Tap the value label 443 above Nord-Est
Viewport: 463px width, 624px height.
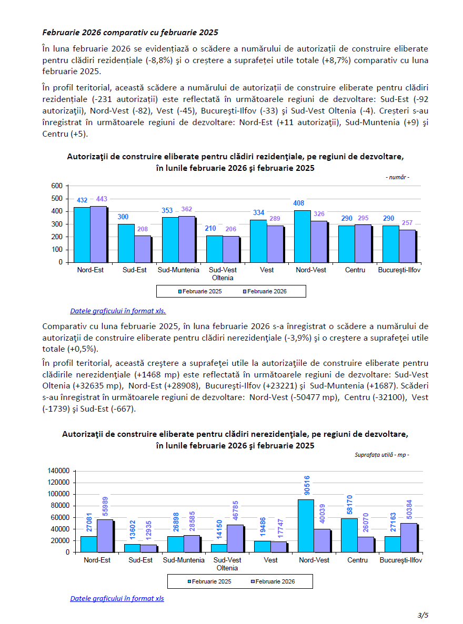[102, 199]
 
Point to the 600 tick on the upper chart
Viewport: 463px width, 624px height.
[57, 186]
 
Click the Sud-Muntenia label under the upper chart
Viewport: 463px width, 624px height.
[178, 270]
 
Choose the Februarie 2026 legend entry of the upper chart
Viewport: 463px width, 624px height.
[266, 291]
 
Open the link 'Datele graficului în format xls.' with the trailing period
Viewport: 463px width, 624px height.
[118, 311]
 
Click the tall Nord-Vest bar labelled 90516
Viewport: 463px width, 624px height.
[306, 526]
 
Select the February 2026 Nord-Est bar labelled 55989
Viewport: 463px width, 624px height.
[105, 536]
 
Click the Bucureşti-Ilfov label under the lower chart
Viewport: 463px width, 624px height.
[401, 560]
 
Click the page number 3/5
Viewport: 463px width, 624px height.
[424, 615]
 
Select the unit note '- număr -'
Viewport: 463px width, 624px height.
[397, 177]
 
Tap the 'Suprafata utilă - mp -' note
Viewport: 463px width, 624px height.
[381, 455]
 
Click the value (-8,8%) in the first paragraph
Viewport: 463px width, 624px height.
[158, 60]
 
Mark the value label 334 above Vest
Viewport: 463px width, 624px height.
[258, 213]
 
